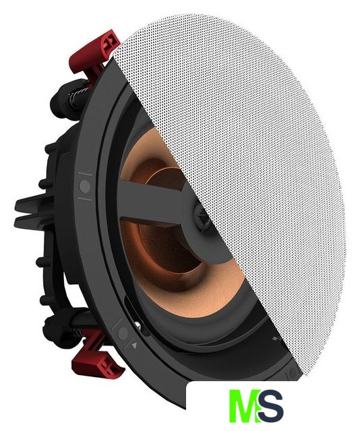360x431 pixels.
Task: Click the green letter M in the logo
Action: click(x=244, y=405)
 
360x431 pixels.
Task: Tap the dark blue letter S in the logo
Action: click(x=271, y=405)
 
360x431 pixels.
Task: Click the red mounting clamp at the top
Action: click(x=95, y=55)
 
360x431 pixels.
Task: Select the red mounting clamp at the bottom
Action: click(x=97, y=355)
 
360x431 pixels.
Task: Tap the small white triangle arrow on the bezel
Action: click(x=134, y=345)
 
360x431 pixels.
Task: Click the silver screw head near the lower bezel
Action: click(x=139, y=326)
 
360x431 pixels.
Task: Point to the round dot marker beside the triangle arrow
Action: click(x=123, y=333)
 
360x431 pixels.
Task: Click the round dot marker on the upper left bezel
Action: click(x=85, y=186)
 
